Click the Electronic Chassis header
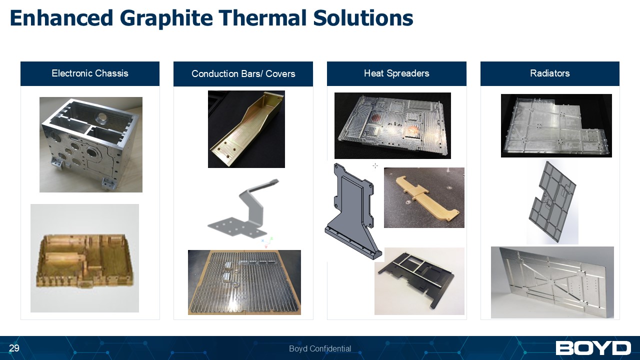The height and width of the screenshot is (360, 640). point(90,73)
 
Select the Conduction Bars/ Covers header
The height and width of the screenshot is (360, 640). point(243,74)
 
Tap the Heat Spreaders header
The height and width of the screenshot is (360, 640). point(396,73)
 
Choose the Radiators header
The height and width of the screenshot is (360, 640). point(549,73)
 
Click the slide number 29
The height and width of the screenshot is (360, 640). point(14,348)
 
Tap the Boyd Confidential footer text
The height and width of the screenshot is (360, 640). point(320,348)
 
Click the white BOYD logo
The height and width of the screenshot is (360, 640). point(593,348)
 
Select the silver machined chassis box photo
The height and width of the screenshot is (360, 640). point(90,144)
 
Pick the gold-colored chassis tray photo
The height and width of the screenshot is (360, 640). point(84,258)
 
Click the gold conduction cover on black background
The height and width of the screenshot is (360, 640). point(246,129)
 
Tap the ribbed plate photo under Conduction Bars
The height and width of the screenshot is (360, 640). point(244,282)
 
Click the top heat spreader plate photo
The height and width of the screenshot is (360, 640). point(392,125)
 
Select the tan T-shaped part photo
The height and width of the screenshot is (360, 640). point(424,197)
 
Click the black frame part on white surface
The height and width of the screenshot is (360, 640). point(419,281)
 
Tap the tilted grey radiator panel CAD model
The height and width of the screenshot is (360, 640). point(552,202)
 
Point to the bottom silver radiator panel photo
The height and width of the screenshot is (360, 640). point(552,282)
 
